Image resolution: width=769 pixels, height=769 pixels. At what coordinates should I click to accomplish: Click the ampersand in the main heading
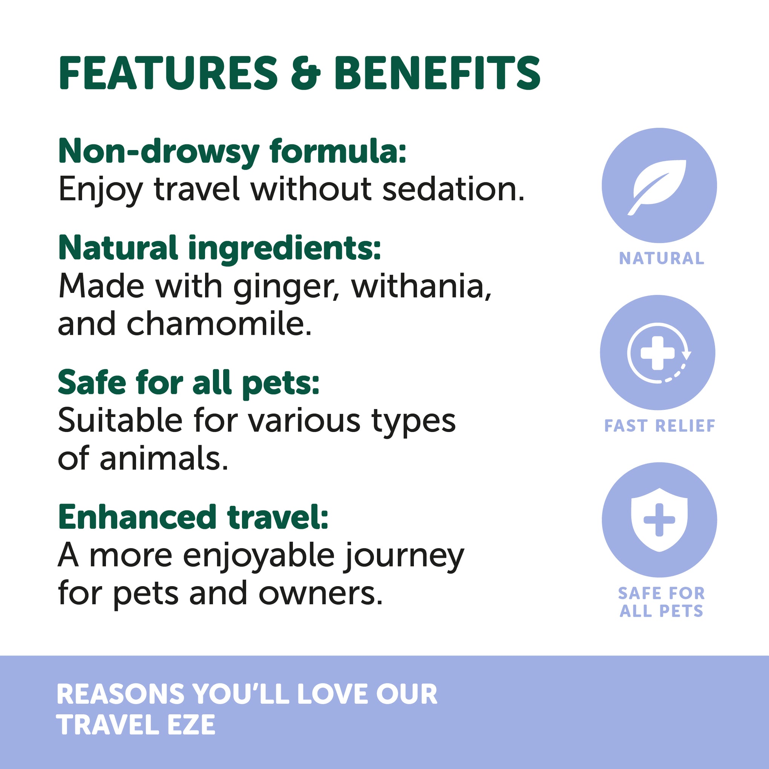306,72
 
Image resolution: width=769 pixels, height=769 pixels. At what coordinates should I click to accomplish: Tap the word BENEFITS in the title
437,72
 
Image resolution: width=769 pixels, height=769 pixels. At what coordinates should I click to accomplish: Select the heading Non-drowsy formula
232,151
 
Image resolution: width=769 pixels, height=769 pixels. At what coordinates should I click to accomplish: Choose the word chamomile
219,323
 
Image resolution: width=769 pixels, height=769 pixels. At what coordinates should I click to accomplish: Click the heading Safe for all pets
188,383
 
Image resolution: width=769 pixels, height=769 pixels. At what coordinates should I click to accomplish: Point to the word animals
164,458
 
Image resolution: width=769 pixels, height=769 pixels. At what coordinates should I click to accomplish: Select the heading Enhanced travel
193,518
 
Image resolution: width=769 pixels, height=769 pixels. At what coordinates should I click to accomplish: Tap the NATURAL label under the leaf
662,259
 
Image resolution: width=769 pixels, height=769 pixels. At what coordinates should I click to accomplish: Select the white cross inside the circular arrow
657,353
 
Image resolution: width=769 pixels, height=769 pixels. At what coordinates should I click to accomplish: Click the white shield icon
659,519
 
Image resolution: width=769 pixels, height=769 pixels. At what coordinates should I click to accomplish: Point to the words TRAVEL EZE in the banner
136,725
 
